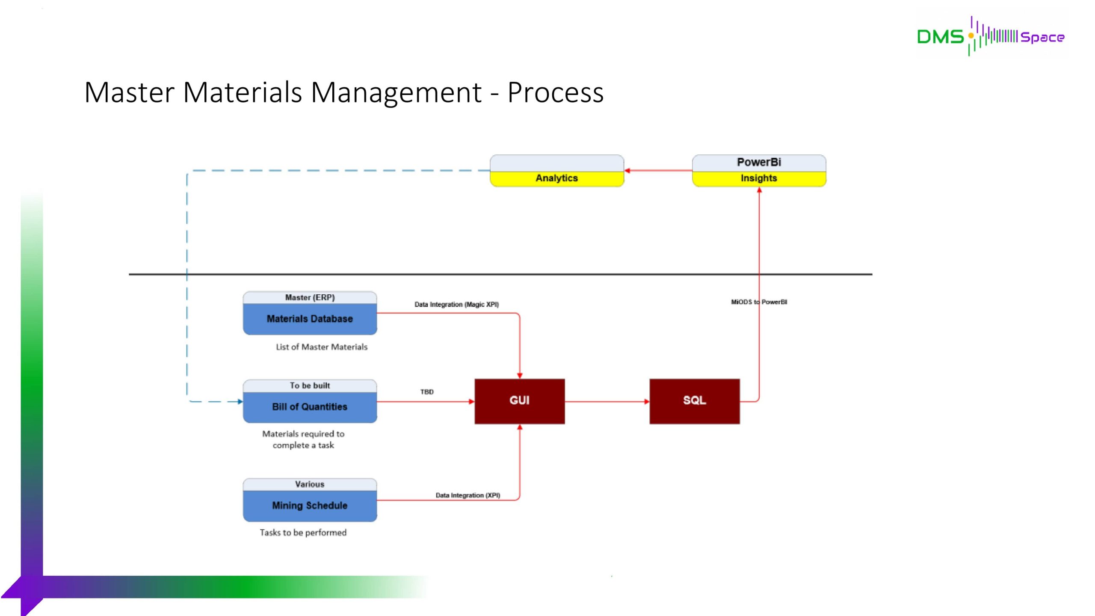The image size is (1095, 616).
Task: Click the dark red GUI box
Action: point(519,401)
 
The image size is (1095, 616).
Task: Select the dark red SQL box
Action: point(694,401)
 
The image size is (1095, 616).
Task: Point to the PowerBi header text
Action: point(759,162)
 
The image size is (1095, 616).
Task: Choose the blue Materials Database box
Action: point(310,319)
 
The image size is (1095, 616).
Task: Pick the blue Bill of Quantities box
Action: point(310,407)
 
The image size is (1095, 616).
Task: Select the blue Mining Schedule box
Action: point(310,506)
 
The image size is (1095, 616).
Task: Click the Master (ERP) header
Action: point(310,297)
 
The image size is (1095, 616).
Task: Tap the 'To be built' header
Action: point(310,385)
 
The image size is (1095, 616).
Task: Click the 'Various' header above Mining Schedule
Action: point(310,484)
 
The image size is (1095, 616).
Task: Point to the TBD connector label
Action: point(427,392)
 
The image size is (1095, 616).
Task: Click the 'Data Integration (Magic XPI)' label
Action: point(456,305)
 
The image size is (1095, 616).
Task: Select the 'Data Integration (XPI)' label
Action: point(468,495)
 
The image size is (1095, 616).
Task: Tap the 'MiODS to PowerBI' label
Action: point(759,302)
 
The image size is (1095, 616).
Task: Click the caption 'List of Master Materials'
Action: point(322,347)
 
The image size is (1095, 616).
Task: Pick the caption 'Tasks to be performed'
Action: point(303,533)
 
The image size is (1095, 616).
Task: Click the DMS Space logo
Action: point(991,36)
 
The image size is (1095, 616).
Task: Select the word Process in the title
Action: point(555,92)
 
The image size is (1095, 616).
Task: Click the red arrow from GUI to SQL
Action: point(607,402)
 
